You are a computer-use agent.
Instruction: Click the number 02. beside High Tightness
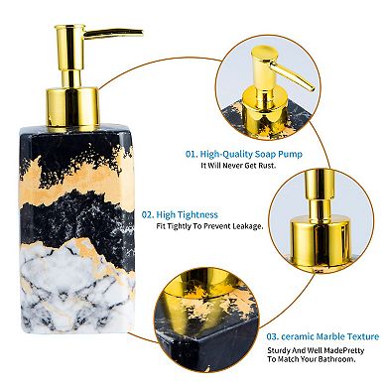pyautogui.click(x=148, y=212)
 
